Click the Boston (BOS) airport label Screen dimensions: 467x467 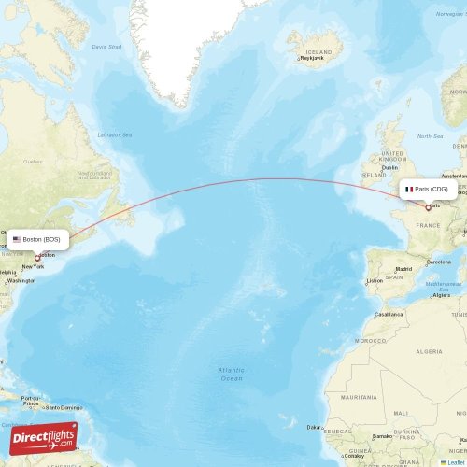pos(41,239)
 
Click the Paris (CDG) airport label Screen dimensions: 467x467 pos(432,189)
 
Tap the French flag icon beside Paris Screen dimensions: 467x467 pos(409,189)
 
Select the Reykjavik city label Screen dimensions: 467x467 pos(311,57)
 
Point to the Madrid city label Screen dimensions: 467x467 pos(403,269)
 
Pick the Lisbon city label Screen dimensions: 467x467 pos(375,280)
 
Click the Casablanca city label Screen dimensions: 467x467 pos(390,314)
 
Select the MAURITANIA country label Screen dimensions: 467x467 pos(359,397)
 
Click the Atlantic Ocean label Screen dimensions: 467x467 pos(231,374)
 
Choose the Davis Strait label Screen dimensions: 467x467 pos(106,46)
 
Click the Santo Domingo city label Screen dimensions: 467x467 pos(67,407)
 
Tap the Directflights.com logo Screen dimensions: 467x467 pos(43,438)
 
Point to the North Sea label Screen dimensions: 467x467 pos(432,135)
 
